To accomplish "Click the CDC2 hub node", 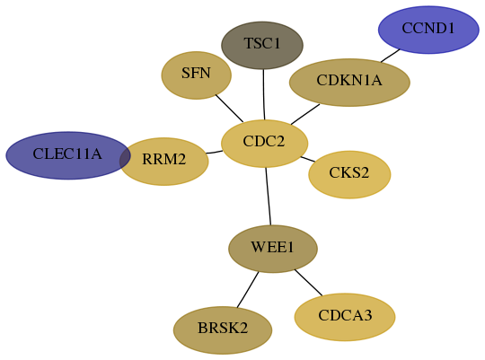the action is (x=264, y=144).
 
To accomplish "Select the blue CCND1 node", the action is (x=428, y=30).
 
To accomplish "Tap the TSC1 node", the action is (x=262, y=45).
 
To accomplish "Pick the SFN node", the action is (x=197, y=75).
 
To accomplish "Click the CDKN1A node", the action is (x=349, y=83).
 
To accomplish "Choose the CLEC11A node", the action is (x=68, y=155).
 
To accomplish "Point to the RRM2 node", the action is (x=164, y=162).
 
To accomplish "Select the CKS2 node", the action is (x=349, y=175).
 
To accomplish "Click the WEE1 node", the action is (x=273, y=249).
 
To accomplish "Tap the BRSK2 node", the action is (x=223, y=330).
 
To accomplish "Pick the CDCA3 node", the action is (x=345, y=317).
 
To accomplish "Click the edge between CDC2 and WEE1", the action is (x=269, y=197).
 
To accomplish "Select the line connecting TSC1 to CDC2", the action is (x=264, y=94).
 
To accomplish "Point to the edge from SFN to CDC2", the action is (x=229, y=109).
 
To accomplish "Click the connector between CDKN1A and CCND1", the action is (x=391, y=56).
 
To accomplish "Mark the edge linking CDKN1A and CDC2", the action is (x=305, y=114).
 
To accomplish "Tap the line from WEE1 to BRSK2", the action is (x=248, y=290).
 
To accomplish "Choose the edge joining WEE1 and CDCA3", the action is (x=308, y=283).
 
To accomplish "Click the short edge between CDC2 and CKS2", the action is (x=308, y=159).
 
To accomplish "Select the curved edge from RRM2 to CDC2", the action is (x=214, y=152).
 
